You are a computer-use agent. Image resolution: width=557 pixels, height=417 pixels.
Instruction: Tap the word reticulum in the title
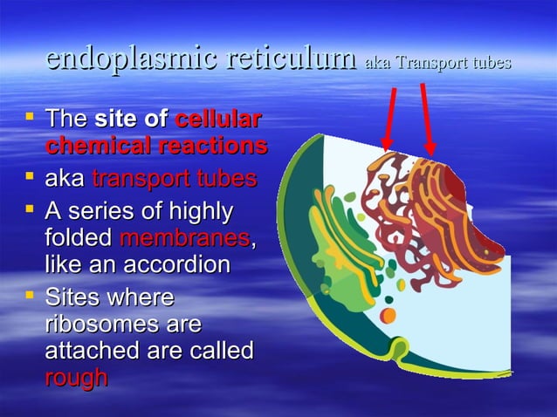click(x=287, y=60)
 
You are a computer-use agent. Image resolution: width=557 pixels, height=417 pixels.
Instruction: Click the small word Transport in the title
click(x=430, y=63)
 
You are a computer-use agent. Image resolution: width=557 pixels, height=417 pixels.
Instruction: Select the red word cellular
click(x=218, y=120)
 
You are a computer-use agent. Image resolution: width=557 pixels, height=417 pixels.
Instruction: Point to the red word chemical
click(x=93, y=145)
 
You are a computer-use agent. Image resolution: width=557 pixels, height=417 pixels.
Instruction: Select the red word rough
click(x=77, y=377)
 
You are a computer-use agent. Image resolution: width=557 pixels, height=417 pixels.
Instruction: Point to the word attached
click(x=93, y=351)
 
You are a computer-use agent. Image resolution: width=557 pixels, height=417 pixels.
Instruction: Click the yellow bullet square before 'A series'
click(x=31, y=209)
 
